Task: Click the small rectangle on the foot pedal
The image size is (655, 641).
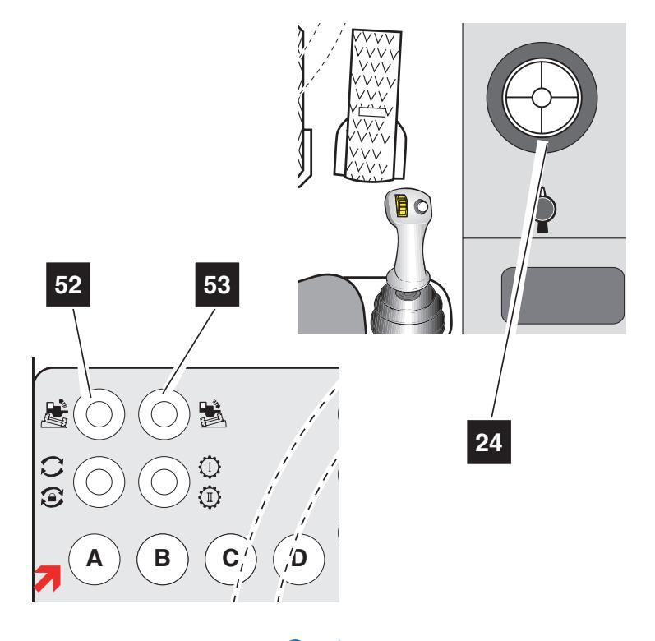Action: coord(371,110)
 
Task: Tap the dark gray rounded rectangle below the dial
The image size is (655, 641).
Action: coord(562,293)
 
